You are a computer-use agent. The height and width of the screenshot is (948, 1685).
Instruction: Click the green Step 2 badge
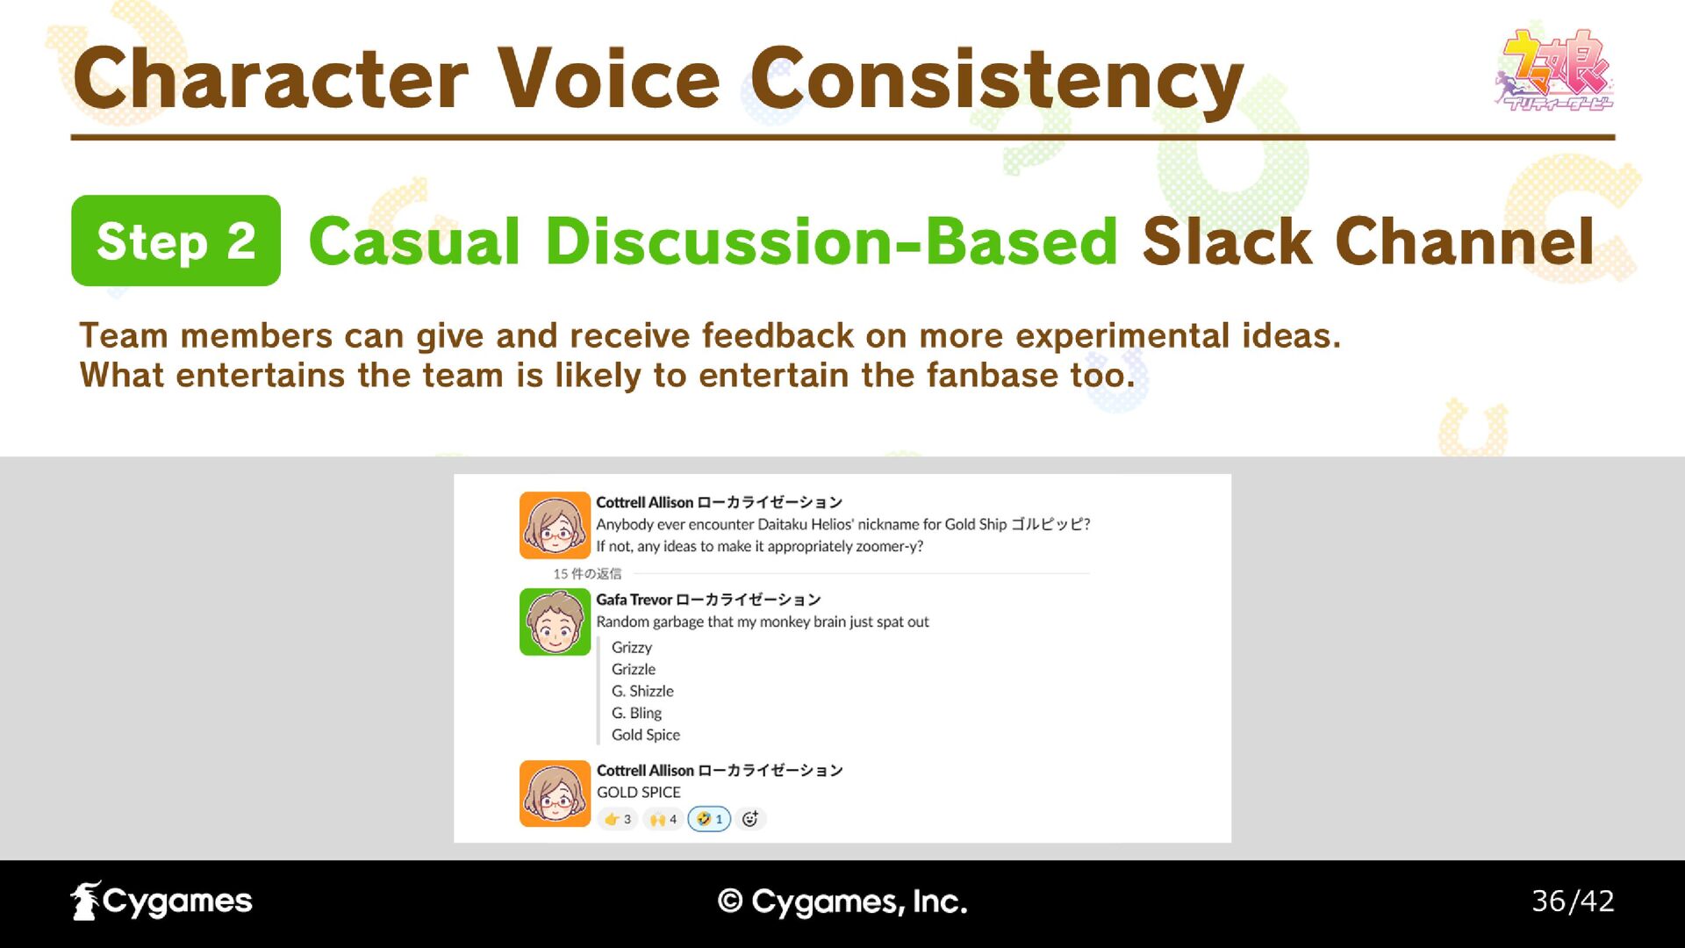176,241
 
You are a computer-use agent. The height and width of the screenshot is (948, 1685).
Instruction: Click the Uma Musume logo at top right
1553,70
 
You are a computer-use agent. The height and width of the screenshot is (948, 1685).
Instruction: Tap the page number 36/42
1573,901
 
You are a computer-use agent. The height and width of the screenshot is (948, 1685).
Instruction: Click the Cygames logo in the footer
161,901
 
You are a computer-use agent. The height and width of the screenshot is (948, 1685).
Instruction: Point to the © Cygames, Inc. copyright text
842,901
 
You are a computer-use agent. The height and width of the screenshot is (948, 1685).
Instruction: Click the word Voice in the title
609,79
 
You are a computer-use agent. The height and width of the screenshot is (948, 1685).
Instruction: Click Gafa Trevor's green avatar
555,622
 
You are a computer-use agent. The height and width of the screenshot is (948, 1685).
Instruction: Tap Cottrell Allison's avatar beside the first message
555,525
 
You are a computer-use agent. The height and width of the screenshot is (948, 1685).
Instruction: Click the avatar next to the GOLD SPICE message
555,794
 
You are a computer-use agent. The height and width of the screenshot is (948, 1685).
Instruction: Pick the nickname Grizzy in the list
632,648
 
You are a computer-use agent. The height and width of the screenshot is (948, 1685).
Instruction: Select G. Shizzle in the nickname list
642,691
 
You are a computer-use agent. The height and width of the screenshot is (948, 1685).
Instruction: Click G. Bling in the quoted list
636,713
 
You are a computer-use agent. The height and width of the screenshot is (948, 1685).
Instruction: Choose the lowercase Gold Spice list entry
646,735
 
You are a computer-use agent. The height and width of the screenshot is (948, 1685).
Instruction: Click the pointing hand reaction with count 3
618,819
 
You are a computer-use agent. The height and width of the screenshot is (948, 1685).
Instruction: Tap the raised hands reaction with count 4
663,819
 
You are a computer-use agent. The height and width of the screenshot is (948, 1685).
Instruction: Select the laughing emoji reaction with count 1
709,819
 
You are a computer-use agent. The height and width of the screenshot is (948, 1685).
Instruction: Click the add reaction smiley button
750,819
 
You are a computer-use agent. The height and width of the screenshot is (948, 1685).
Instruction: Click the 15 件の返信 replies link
587,573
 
